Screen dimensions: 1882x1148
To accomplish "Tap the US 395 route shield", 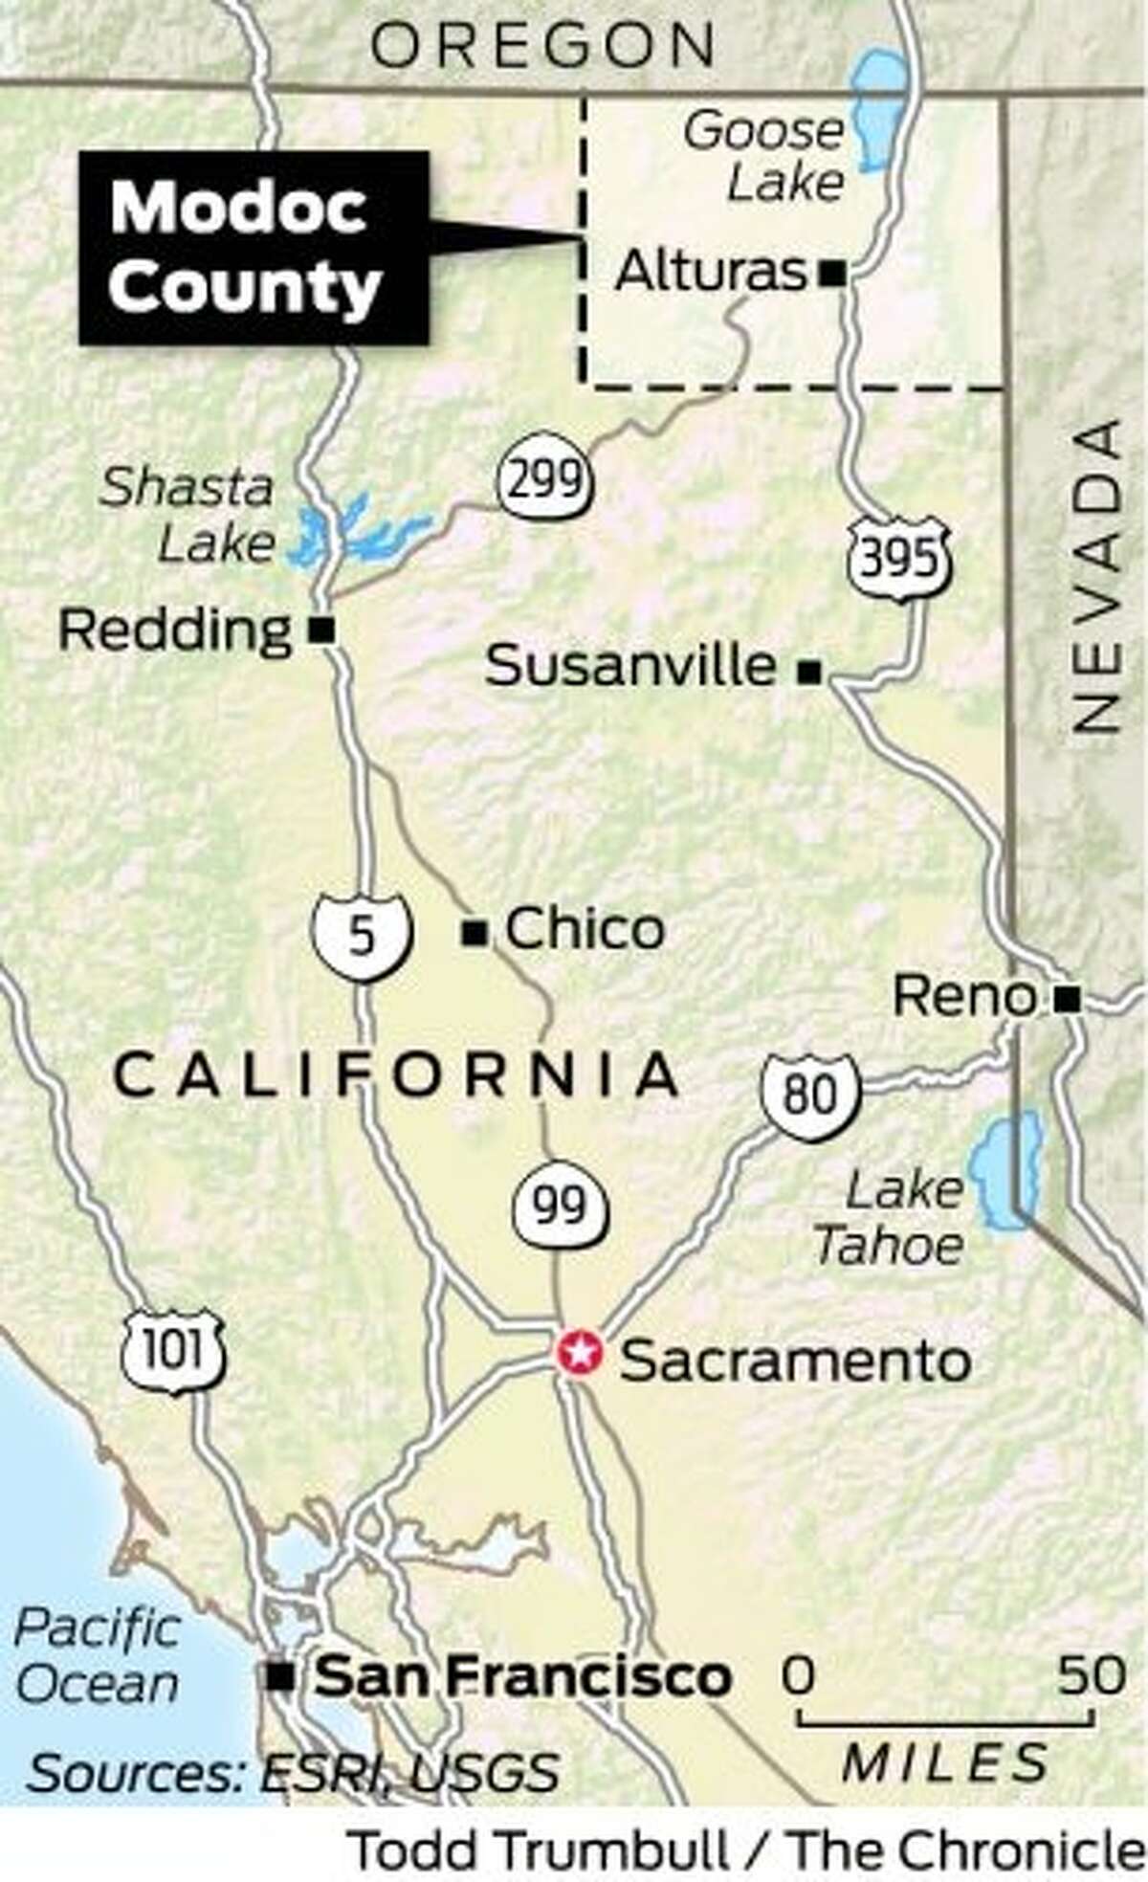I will point(898,560).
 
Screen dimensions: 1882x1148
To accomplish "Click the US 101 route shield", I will point(173,1352).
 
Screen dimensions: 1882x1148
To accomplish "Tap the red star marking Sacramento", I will point(580,1353).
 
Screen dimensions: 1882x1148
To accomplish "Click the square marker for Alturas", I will point(831,275).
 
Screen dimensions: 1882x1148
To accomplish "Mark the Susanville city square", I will point(809,673).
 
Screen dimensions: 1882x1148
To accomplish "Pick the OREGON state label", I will point(542,45).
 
